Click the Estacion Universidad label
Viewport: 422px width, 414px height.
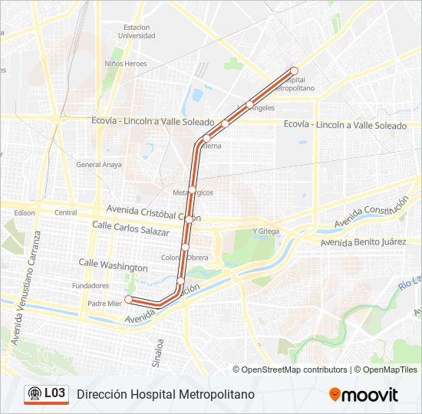(x=137, y=31)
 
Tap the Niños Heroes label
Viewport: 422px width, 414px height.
(x=125, y=64)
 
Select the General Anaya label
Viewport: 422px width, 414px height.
(x=98, y=165)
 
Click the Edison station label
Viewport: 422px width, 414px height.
(x=25, y=212)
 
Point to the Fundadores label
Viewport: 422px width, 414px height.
(x=91, y=285)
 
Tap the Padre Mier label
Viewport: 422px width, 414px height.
(x=104, y=304)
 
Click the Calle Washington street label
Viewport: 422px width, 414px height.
(x=113, y=265)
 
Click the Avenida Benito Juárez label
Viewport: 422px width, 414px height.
(x=363, y=242)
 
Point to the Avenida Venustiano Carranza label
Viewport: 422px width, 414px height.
(x=24, y=299)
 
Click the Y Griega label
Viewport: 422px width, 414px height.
(x=265, y=231)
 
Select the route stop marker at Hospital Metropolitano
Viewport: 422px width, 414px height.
(x=293, y=71)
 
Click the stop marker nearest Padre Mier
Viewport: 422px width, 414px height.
(x=129, y=299)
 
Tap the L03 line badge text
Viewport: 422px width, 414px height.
(x=54, y=393)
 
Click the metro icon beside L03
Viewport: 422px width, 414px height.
(x=35, y=394)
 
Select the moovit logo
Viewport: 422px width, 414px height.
(x=364, y=395)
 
